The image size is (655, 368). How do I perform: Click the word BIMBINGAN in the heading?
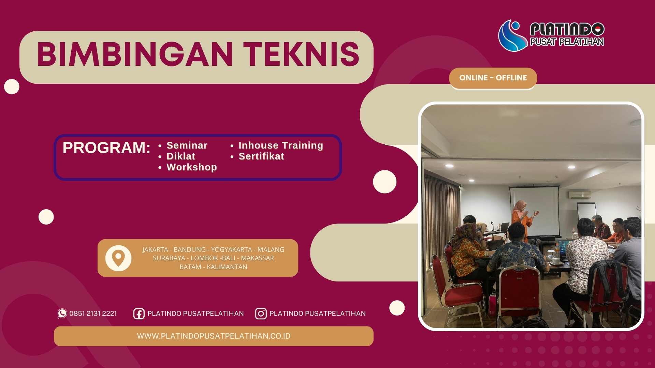(x=135, y=55)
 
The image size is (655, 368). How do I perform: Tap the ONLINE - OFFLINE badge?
(x=493, y=78)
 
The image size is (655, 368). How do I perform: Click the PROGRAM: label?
(x=106, y=148)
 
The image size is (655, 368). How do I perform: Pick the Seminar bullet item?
(x=187, y=145)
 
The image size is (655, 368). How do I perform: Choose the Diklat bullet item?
(x=181, y=156)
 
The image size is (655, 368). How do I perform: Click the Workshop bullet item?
(x=192, y=167)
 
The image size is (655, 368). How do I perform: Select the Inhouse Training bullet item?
(x=281, y=145)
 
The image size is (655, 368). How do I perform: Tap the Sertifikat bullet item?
(x=261, y=156)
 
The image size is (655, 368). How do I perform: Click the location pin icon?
(x=118, y=258)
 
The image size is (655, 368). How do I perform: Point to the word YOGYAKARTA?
(x=231, y=250)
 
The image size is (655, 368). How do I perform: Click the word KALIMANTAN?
(x=227, y=267)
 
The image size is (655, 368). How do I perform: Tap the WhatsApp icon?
(x=62, y=313)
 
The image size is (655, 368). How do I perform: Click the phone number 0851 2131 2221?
(x=93, y=313)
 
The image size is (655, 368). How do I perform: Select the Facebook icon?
(x=139, y=313)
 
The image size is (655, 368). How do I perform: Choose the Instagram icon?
(x=261, y=313)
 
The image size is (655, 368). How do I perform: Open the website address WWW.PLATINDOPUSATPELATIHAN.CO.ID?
(x=214, y=336)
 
